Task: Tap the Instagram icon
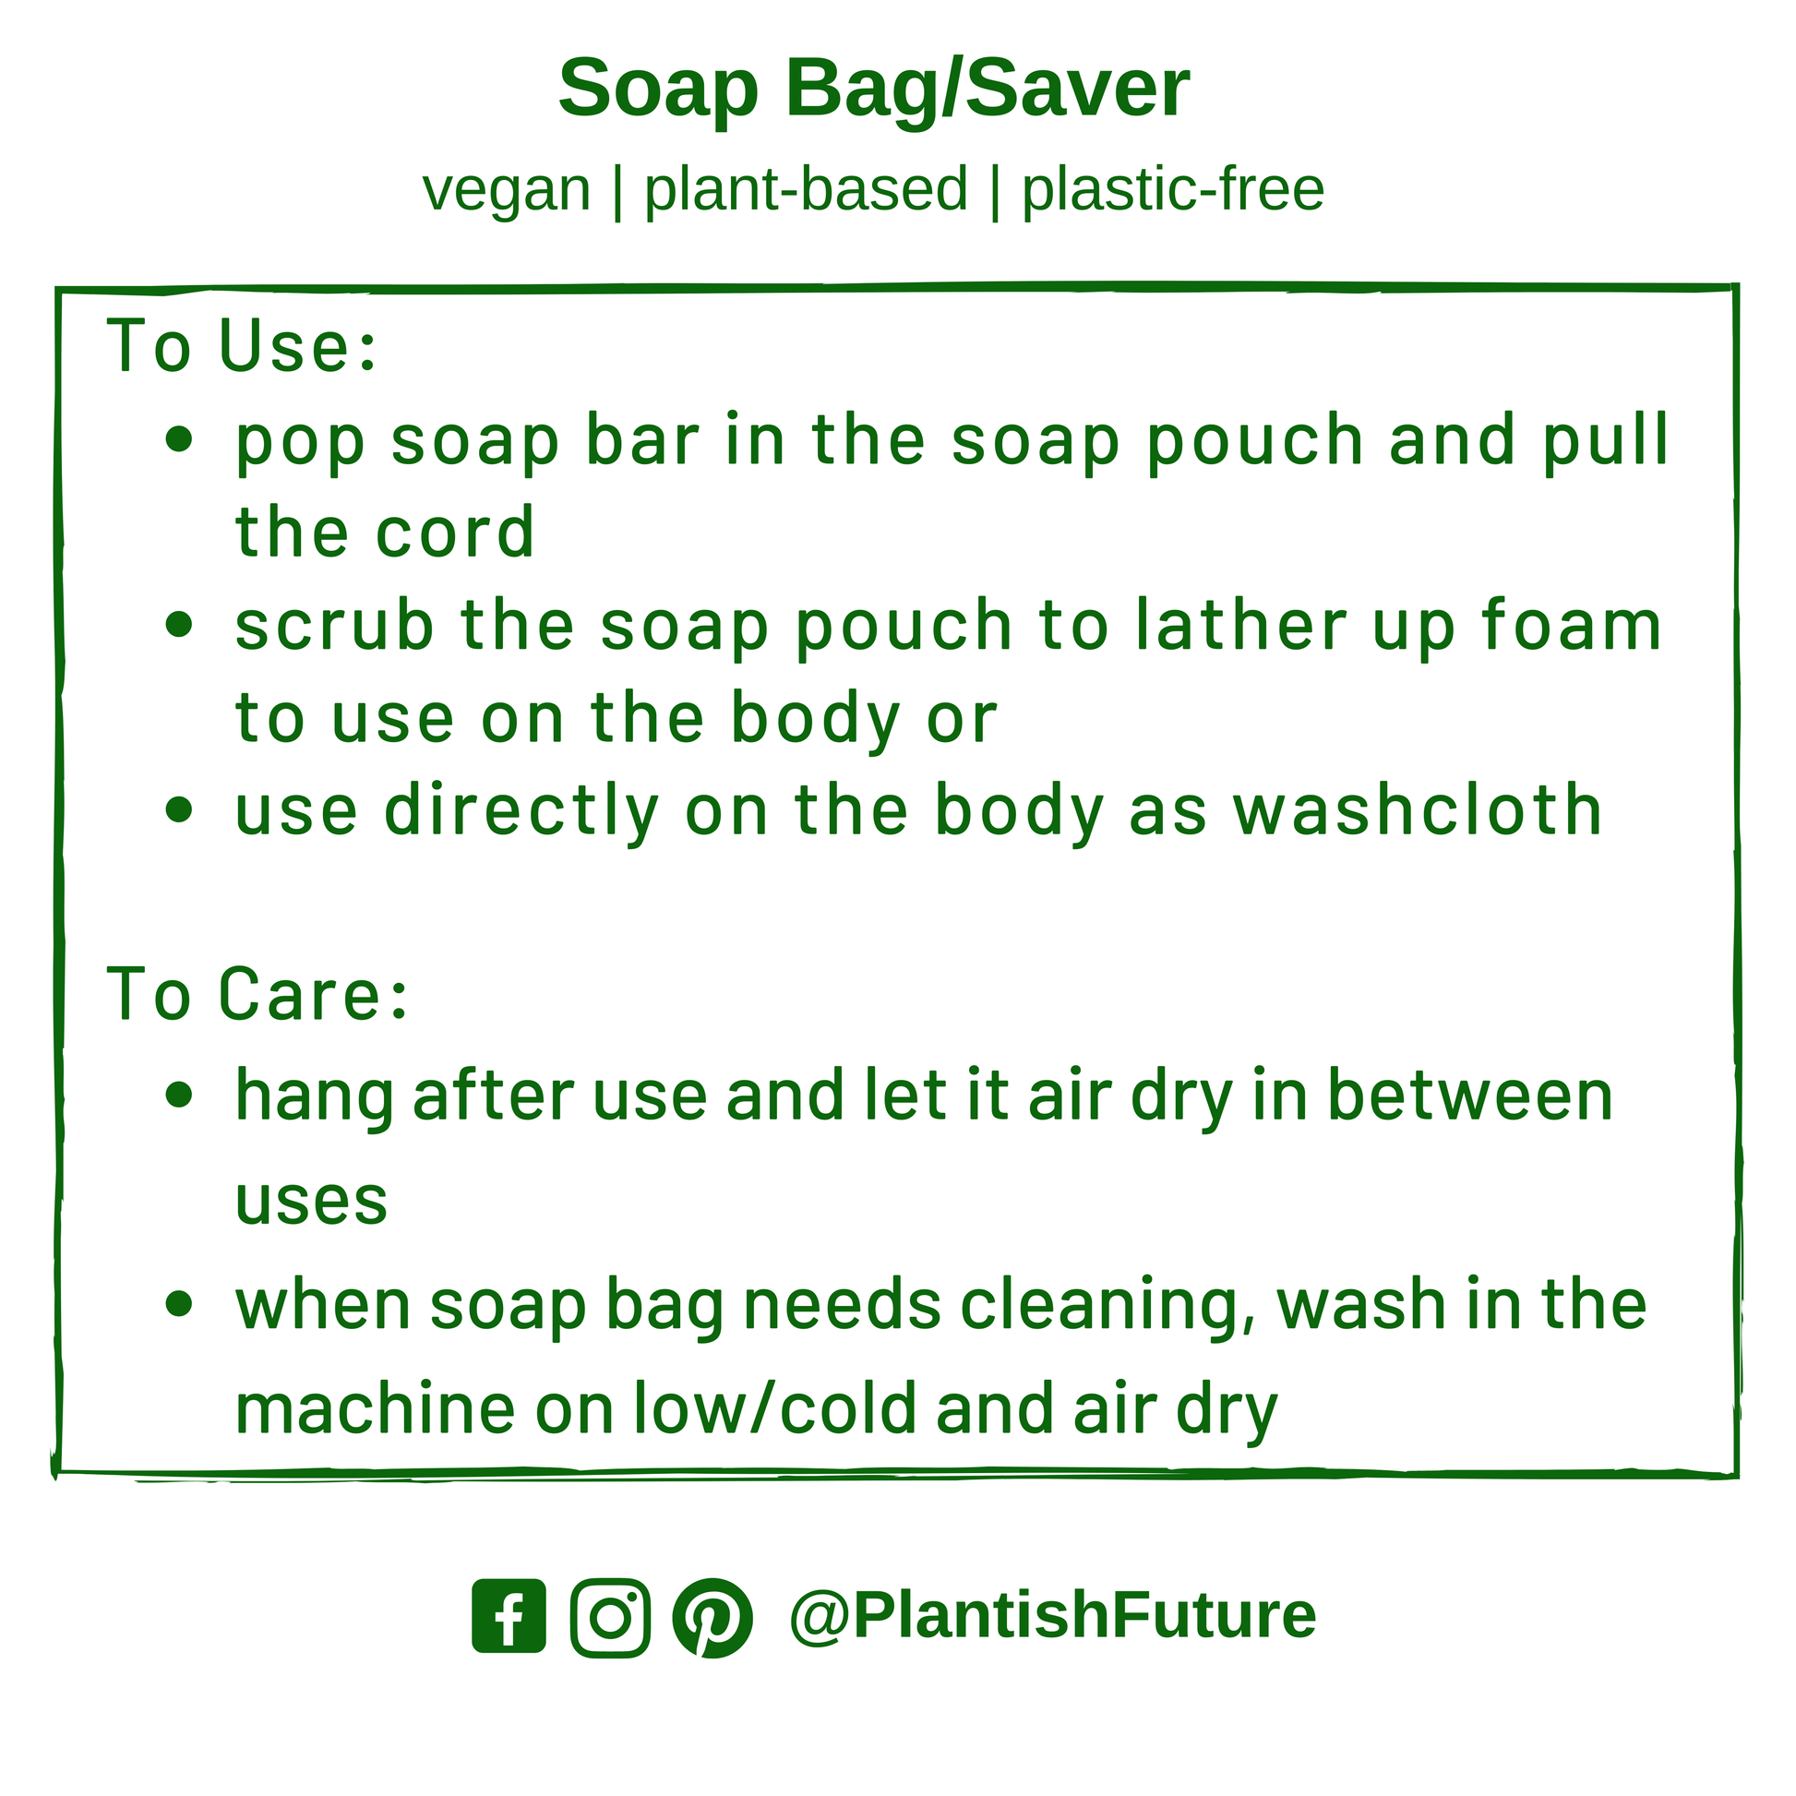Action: click(x=611, y=1617)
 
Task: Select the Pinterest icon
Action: click(x=712, y=1618)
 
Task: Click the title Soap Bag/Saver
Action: click(x=874, y=89)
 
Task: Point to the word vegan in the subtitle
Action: click(x=507, y=191)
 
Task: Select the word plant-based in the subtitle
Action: click(x=806, y=189)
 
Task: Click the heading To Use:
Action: click(x=243, y=346)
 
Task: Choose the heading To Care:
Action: click(x=257, y=994)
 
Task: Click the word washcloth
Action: click(x=1418, y=809)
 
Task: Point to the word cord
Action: click(x=455, y=532)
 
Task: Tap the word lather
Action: click(x=1241, y=625)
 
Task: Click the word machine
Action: click(x=375, y=1407)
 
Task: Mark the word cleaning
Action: click(x=1108, y=1306)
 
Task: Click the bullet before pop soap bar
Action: click(x=178, y=438)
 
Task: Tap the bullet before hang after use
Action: click(x=178, y=1096)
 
